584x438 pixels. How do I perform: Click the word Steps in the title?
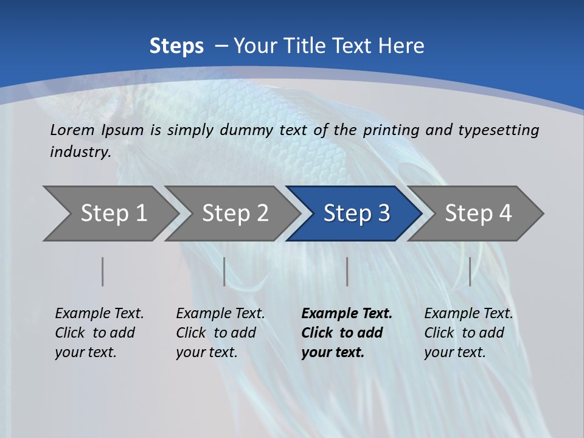click(176, 46)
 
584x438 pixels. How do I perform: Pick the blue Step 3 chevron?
click(356, 214)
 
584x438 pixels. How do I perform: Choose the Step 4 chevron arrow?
click(478, 214)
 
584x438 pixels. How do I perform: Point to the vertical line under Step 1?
click(103, 271)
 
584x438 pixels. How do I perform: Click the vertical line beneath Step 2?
click(224, 271)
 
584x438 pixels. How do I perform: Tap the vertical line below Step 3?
click(347, 271)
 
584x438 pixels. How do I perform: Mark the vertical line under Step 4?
click(470, 271)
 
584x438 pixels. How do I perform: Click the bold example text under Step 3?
click(346, 333)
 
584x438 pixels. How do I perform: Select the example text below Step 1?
click(99, 333)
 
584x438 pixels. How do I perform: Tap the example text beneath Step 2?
click(220, 333)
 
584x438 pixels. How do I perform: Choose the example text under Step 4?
click(468, 333)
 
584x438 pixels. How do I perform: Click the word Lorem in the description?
click(72, 130)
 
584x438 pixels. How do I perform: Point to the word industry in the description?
click(80, 152)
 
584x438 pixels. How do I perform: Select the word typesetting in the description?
click(498, 130)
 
